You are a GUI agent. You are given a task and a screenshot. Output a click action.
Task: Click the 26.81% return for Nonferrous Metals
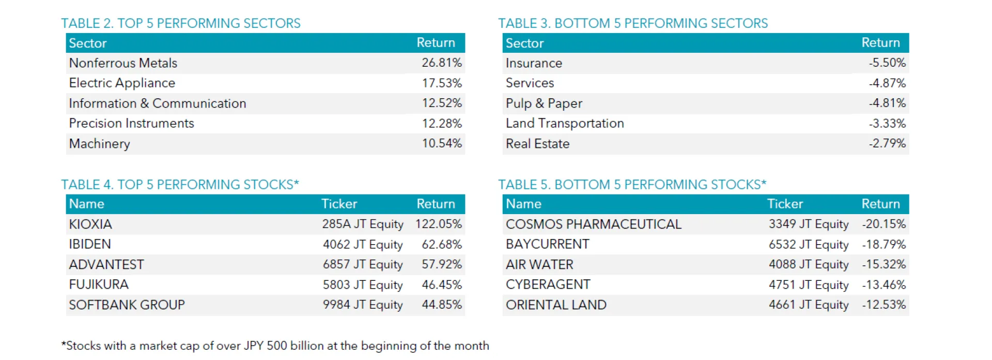pyautogui.click(x=441, y=63)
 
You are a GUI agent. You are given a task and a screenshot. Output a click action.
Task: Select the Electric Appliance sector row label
pyautogui.click(x=122, y=83)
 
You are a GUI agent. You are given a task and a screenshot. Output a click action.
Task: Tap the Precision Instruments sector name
pyautogui.click(x=131, y=123)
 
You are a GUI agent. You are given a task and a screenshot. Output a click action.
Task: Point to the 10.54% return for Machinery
pyautogui.click(x=441, y=143)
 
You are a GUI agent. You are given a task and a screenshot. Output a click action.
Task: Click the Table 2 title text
pyautogui.click(x=180, y=23)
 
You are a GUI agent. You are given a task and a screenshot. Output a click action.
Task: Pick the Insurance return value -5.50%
pyautogui.click(x=887, y=63)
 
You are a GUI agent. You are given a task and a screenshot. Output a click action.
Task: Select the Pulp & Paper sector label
pyautogui.click(x=544, y=103)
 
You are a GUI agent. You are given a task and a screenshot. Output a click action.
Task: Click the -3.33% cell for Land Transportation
pyautogui.click(x=887, y=123)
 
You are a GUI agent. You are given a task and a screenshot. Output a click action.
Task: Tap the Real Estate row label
pyautogui.click(x=537, y=143)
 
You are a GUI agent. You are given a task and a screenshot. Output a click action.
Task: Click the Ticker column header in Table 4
pyautogui.click(x=339, y=204)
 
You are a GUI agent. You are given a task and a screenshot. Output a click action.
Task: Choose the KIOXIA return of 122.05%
pyautogui.click(x=438, y=224)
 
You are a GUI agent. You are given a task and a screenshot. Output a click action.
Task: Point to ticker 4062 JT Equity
pyautogui.click(x=362, y=244)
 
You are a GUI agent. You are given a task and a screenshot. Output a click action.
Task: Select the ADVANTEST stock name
pyautogui.click(x=106, y=264)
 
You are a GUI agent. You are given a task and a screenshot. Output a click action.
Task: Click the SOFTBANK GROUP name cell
pyautogui.click(x=127, y=305)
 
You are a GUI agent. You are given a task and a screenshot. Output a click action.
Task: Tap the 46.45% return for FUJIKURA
pyautogui.click(x=441, y=284)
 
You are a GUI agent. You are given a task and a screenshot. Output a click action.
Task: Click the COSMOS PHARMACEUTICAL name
pyautogui.click(x=593, y=224)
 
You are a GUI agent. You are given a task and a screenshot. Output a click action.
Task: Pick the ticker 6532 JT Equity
pyautogui.click(x=808, y=244)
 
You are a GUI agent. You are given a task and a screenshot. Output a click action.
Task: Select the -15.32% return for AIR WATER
pyautogui.click(x=884, y=264)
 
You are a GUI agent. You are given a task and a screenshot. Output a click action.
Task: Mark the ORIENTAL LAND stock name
pyautogui.click(x=556, y=305)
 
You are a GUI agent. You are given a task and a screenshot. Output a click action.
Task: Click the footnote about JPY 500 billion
pyautogui.click(x=275, y=346)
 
